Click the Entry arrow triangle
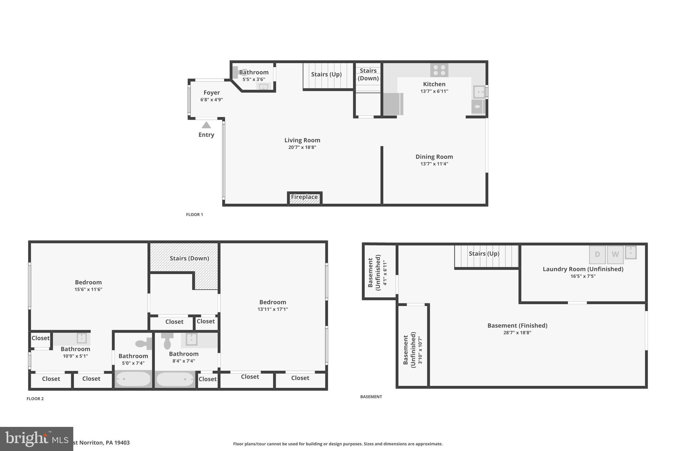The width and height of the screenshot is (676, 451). [206, 125]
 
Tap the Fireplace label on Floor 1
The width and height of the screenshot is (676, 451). [304, 197]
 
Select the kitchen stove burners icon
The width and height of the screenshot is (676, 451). [439, 70]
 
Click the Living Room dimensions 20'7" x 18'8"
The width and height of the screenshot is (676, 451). [302, 147]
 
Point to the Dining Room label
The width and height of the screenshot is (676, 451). [434, 157]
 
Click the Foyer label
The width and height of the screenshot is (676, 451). [212, 93]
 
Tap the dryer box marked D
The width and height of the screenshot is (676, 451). [597, 254]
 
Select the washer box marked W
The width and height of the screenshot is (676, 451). [615, 254]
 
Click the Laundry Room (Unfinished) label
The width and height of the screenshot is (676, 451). [583, 269]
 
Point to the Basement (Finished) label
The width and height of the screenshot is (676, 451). [517, 325]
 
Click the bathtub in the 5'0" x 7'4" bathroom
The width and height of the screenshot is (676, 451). [133, 379]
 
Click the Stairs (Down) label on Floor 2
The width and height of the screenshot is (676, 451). [189, 258]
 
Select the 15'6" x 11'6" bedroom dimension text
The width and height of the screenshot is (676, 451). [88, 289]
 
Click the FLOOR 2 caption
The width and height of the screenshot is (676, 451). [35, 399]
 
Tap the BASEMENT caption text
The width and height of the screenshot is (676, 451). [371, 397]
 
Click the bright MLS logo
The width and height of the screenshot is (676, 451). [36, 439]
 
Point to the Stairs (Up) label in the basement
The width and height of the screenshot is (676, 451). [484, 253]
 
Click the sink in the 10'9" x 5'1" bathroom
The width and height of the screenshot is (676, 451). [82, 338]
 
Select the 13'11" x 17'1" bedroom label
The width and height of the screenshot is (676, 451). [273, 302]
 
